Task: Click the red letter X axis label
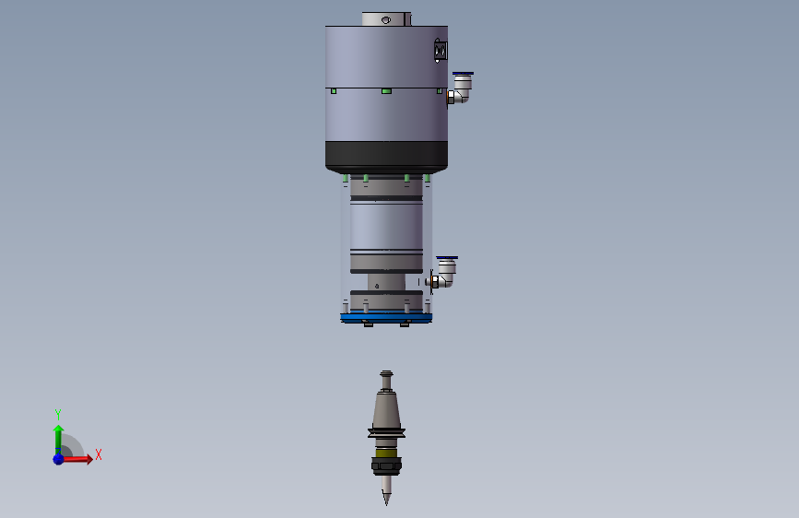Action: coord(99,454)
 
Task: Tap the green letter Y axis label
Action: coord(58,414)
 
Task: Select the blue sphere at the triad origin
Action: coord(59,459)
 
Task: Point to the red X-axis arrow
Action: coord(76,459)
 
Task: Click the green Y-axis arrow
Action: coord(59,440)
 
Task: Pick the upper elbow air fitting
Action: coord(460,88)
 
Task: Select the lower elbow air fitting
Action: coord(444,274)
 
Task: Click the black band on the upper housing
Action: coord(386,156)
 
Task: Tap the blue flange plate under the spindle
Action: coord(386,318)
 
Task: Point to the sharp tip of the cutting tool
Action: coord(386,504)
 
